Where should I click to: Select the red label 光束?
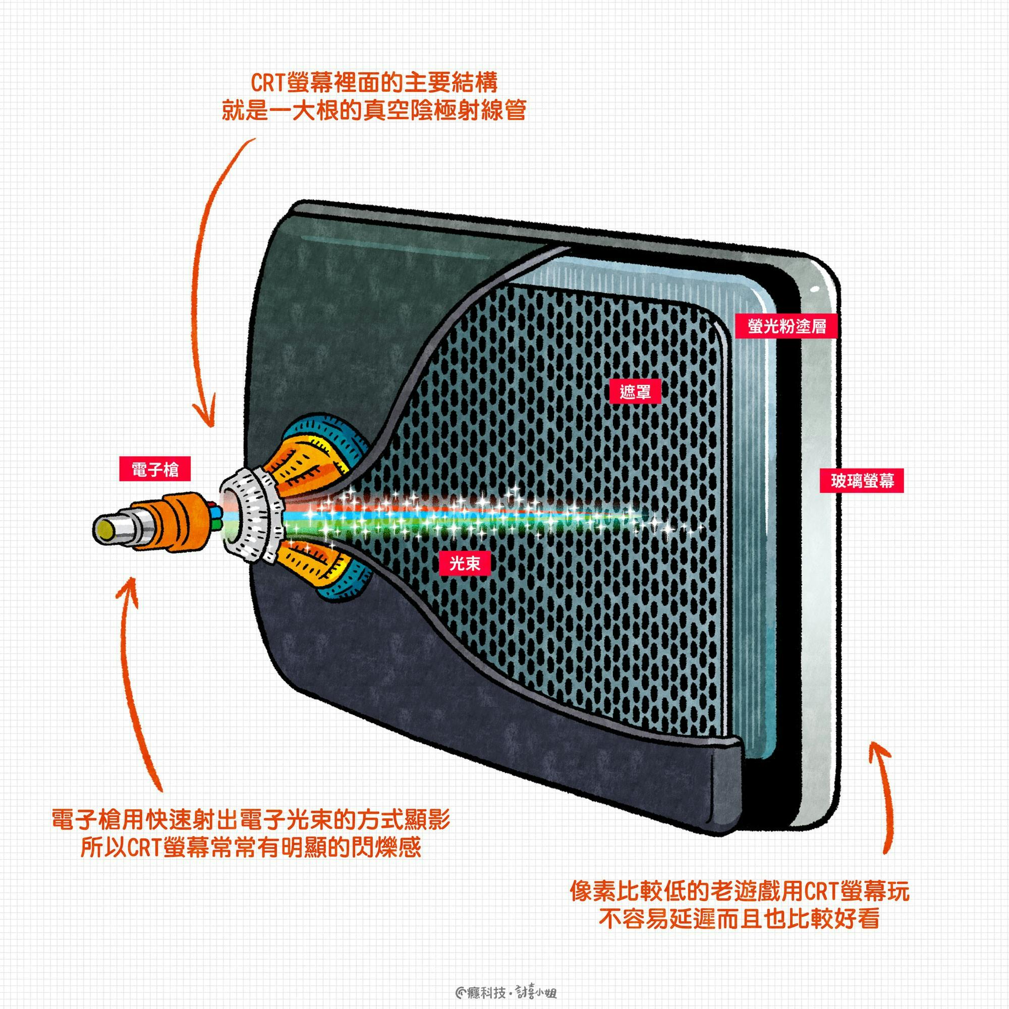click(464, 564)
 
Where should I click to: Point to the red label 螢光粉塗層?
click(787, 326)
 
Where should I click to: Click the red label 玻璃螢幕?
click(863, 480)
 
